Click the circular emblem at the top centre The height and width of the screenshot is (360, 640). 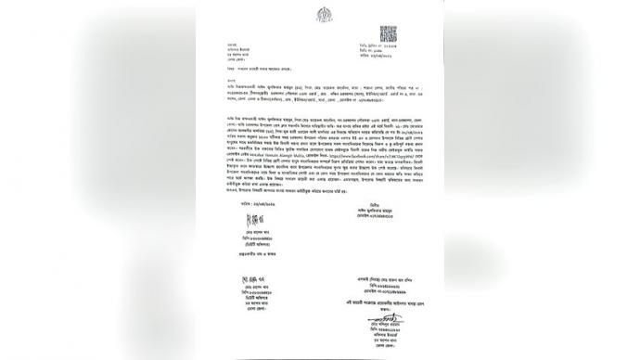323,18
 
